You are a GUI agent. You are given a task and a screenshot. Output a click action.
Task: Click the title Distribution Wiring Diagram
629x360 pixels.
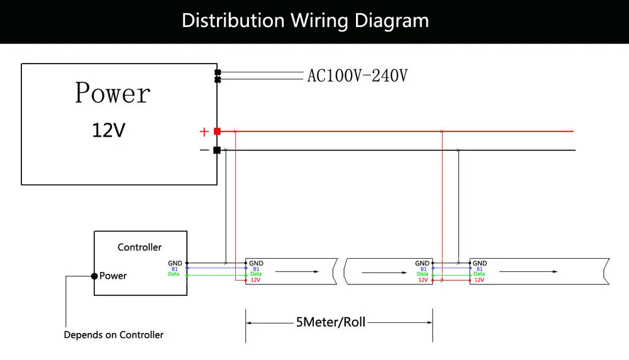click(305, 21)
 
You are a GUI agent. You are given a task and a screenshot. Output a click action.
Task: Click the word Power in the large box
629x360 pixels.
click(113, 93)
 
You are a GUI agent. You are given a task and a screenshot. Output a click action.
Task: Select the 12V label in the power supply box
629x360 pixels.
click(109, 130)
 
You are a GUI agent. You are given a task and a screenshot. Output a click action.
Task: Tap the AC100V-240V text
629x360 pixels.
click(357, 76)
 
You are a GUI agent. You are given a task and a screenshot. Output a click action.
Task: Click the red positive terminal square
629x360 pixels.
click(217, 132)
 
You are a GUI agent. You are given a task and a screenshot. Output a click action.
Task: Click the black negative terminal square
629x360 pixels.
click(217, 150)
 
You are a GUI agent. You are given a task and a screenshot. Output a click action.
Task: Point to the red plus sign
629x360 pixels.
click(203, 132)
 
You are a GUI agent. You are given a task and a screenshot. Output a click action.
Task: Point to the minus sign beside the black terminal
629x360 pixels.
click(204, 150)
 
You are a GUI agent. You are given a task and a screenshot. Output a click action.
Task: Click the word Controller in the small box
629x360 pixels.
click(140, 247)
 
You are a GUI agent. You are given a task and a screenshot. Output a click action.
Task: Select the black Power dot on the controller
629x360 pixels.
click(94, 276)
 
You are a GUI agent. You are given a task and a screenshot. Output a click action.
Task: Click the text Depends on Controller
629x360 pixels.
click(114, 335)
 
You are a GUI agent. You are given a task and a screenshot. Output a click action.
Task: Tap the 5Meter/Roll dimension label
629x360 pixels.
click(330, 322)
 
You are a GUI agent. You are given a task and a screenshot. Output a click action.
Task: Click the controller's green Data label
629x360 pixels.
click(174, 274)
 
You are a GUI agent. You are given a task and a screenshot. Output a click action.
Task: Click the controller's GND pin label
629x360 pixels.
click(175, 263)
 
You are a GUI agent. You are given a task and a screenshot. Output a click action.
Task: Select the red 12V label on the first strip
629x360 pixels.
click(255, 280)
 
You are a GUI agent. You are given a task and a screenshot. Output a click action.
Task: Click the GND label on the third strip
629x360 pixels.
click(479, 263)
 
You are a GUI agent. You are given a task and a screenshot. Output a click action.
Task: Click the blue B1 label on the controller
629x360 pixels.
click(175, 269)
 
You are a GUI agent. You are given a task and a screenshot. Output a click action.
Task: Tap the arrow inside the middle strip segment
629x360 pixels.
click(381, 273)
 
